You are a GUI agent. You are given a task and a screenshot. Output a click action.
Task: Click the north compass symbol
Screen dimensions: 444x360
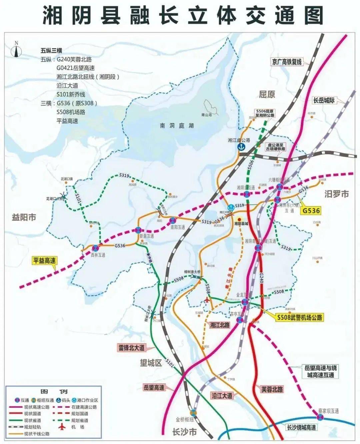(x=16, y=50)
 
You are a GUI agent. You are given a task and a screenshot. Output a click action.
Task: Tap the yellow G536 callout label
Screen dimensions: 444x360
(x=311, y=211)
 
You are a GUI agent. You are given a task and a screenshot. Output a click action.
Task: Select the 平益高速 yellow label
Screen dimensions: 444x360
(x=44, y=260)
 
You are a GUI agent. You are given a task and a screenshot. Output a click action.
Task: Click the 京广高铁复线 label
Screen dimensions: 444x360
(x=286, y=62)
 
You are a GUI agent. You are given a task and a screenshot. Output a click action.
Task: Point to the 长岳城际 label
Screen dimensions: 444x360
(x=324, y=100)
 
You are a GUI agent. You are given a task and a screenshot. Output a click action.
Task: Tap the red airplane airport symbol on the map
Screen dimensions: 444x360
(x=207, y=300)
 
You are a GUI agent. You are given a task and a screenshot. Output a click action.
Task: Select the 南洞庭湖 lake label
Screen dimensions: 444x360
(x=177, y=126)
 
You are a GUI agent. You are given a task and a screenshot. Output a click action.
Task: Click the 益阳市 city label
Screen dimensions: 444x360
(x=24, y=217)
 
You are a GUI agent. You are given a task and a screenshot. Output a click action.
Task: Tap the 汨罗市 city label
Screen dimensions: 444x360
(x=336, y=194)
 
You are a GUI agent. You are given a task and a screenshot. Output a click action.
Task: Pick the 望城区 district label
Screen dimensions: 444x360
(x=151, y=363)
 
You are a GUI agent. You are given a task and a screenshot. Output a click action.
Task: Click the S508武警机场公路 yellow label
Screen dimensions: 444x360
(x=300, y=317)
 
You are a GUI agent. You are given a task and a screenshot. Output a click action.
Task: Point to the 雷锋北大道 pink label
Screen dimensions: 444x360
(x=132, y=348)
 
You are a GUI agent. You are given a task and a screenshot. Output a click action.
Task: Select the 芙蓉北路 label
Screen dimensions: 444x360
(x=272, y=389)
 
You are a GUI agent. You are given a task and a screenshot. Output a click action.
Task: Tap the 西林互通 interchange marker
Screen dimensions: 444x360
(x=96, y=248)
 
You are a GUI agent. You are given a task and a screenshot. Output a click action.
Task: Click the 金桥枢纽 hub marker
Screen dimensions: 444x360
(x=193, y=412)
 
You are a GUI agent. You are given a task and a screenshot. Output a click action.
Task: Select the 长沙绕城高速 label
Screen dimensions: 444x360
(x=301, y=427)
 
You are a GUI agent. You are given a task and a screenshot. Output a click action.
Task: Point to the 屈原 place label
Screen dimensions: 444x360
(x=267, y=94)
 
